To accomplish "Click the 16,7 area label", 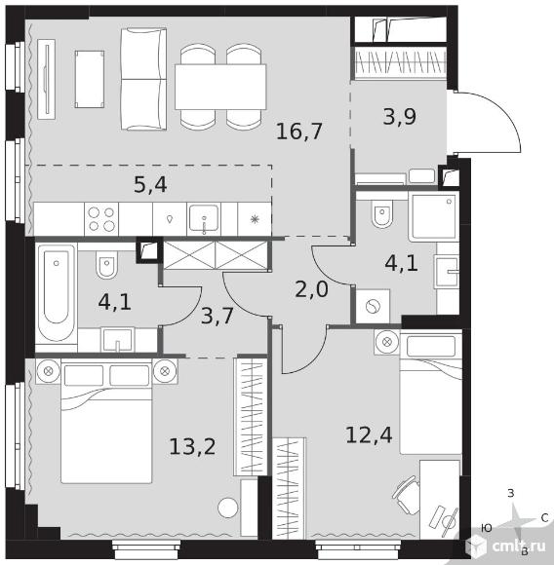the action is click(299, 132).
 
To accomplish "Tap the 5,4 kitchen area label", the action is click(150, 185).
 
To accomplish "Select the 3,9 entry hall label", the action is click(400, 116).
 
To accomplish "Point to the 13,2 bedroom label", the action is click(192, 447).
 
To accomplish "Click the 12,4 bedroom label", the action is click(369, 434).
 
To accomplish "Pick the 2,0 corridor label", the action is click(312, 289).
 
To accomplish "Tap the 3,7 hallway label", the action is click(218, 316).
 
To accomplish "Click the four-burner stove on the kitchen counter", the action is click(101, 219).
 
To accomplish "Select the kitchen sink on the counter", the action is click(204, 218).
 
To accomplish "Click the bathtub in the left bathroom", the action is click(57, 292).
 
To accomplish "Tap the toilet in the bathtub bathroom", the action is click(106, 265).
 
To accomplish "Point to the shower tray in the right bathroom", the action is click(433, 216).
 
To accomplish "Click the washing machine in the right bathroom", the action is click(373, 307).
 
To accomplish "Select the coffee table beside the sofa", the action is click(90, 79).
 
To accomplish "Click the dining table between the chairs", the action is click(220, 87).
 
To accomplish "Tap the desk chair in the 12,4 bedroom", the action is click(407, 496).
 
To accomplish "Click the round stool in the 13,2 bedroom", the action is click(228, 508).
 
